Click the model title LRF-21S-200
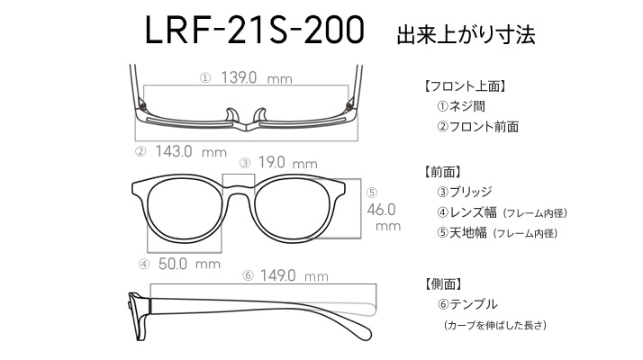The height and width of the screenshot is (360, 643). click(x=255, y=31)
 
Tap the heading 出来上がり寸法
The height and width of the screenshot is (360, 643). click(x=466, y=35)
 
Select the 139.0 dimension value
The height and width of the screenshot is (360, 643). click(x=239, y=77)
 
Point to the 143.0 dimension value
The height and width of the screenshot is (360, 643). click(x=174, y=152)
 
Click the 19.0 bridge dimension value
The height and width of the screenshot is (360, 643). click(x=271, y=162)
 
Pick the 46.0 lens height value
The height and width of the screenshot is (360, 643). click(x=381, y=210)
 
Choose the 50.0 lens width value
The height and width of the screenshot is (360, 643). click(x=173, y=264)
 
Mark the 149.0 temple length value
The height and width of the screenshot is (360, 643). click(x=277, y=275)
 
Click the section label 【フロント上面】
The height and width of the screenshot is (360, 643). click(x=466, y=86)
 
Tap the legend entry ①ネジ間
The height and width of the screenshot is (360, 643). click(x=461, y=106)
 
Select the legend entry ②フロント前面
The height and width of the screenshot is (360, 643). click(x=477, y=127)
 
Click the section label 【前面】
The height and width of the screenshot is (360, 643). click(x=443, y=171)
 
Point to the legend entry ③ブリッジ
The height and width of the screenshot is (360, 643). click(x=465, y=192)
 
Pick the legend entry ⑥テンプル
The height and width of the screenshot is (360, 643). click(x=467, y=304)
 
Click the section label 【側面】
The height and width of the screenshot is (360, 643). click(x=443, y=283)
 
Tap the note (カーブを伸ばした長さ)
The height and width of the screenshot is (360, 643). click(x=495, y=325)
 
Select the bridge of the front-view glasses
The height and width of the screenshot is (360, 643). click(x=239, y=189)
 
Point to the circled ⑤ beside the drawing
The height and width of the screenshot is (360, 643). click(x=372, y=193)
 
